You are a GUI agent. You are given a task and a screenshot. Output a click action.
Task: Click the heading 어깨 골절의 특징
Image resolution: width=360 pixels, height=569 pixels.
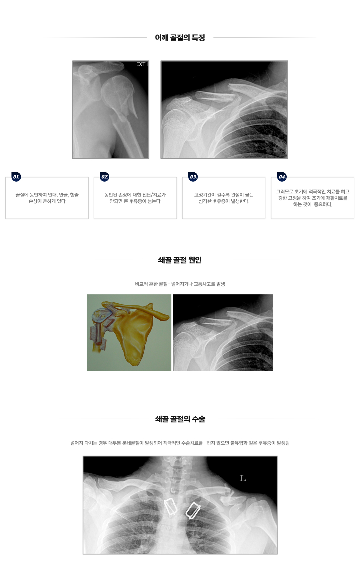pyautogui.click(x=180, y=38)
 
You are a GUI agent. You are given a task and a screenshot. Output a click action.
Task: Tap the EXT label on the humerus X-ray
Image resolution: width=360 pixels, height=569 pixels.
pyautogui.click(x=141, y=64)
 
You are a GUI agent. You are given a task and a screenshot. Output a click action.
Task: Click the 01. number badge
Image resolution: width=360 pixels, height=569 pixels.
pyautogui.click(x=16, y=177)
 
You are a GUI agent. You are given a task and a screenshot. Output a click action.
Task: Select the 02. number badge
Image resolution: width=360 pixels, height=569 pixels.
pyautogui.click(x=105, y=177)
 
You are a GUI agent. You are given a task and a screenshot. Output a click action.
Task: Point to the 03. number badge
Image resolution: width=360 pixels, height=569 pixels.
pyautogui.click(x=193, y=177)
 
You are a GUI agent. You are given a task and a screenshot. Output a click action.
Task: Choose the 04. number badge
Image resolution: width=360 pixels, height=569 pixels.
pyautogui.click(x=282, y=177)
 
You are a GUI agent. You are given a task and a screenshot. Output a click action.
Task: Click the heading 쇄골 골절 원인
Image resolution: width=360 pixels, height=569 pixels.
pyautogui.click(x=180, y=260)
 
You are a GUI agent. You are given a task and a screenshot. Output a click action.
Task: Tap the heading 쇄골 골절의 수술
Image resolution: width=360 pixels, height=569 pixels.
pyautogui.click(x=180, y=419)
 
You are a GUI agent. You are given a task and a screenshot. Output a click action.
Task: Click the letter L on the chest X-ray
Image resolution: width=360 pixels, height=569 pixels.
pyautogui.click(x=243, y=478)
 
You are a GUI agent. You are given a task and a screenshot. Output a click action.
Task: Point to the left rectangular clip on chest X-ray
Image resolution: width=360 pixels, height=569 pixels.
pyautogui.click(x=170, y=507)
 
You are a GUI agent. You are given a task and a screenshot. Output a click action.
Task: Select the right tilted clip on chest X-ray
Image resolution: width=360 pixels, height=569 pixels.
pyautogui.click(x=193, y=510)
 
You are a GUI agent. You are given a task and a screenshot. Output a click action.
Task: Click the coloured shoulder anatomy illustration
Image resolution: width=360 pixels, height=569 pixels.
pyautogui.click(x=129, y=333)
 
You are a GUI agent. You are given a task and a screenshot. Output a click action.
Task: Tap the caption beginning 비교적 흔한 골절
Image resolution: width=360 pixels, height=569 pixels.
pyautogui.click(x=180, y=284)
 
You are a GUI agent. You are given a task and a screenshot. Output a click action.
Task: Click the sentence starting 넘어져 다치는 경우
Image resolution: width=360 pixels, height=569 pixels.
pyautogui.click(x=180, y=443)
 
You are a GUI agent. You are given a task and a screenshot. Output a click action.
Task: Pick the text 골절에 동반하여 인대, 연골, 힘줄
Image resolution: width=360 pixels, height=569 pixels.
pyautogui.click(x=47, y=195)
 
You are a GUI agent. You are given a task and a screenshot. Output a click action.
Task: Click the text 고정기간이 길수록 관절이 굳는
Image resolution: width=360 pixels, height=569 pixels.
pyautogui.click(x=224, y=195)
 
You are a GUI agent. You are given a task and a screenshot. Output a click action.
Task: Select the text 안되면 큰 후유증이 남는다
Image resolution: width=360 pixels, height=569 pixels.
pyautogui.click(x=135, y=201)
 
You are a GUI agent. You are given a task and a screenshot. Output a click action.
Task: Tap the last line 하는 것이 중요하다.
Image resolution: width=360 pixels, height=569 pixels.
pyautogui.click(x=313, y=205)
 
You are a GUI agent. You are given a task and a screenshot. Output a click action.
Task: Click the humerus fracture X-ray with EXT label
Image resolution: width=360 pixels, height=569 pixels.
pyautogui.click(x=111, y=109)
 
